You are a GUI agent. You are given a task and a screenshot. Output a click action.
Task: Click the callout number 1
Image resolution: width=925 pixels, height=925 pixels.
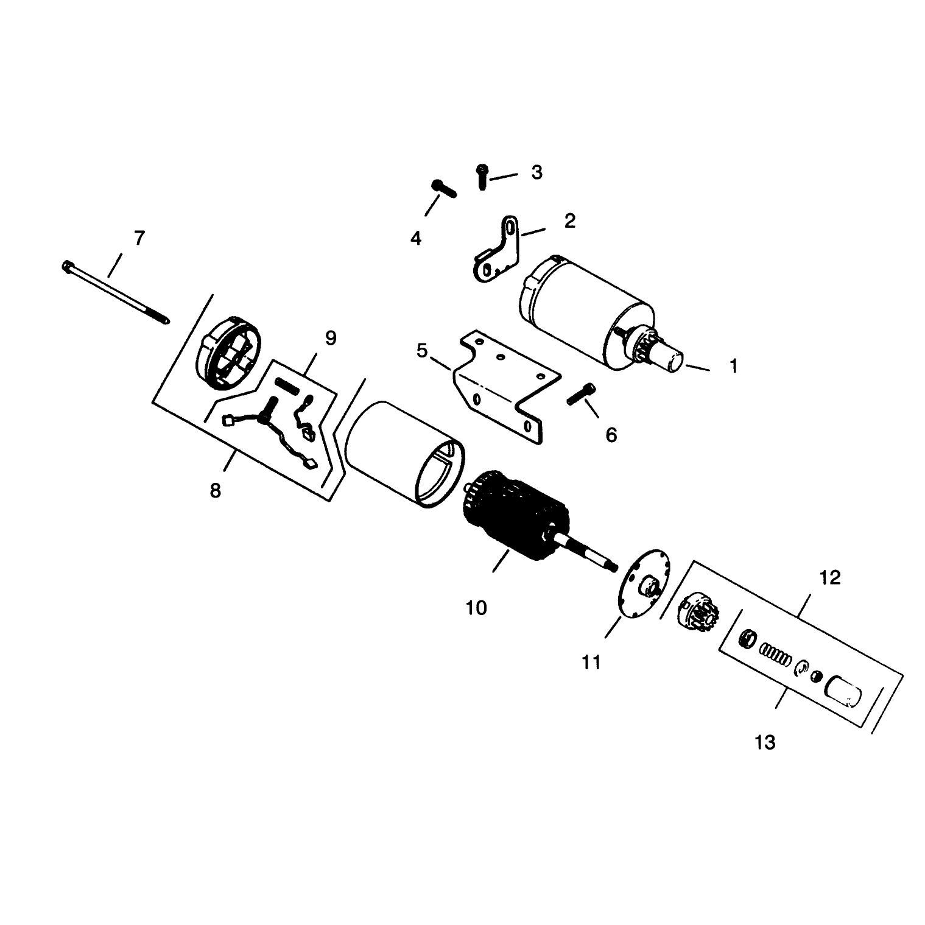coord(734,366)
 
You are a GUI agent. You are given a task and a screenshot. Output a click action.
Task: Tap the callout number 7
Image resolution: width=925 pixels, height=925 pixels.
coord(139,238)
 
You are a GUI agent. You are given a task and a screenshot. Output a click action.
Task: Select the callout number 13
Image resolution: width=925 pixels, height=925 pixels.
coord(765,742)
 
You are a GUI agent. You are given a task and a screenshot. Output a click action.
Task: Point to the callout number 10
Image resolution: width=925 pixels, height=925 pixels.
coord(476,607)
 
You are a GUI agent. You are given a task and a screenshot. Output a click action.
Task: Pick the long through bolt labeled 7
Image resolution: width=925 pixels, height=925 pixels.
coord(115,293)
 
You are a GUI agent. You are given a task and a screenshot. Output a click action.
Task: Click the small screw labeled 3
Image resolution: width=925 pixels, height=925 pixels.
coord(482,176)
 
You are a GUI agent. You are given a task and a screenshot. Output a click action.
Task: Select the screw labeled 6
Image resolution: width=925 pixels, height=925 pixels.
coord(582,393)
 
